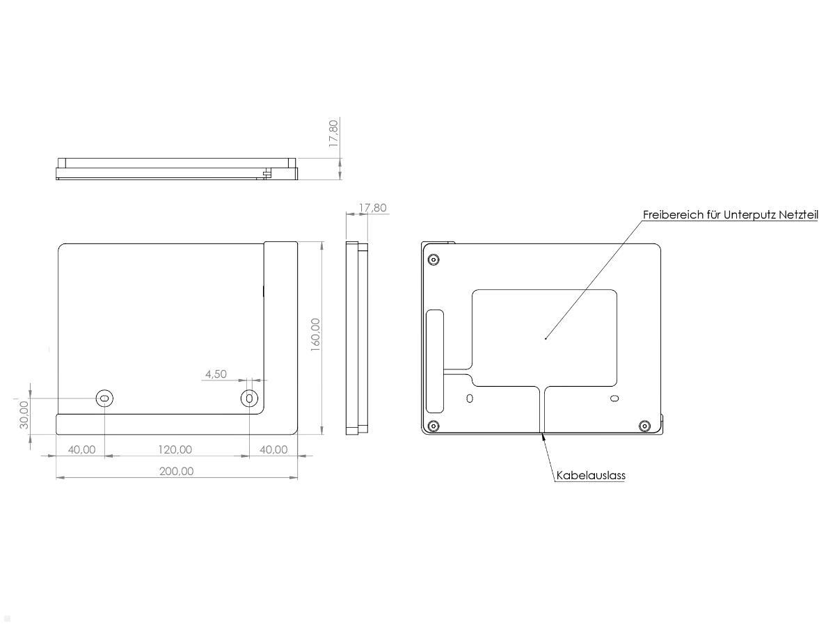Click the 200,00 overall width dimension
tap(176, 471)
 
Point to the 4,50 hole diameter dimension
tap(215, 374)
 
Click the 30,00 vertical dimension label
tap(24, 415)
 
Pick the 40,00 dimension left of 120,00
tap(81, 449)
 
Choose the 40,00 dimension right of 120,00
tap(273, 449)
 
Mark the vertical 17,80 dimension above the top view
tap(333, 133)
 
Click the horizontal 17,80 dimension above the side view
tap(372, 208)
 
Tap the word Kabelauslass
tap(591, 476)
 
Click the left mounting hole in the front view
tap(104, 399)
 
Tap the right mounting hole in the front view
tap(249, 399)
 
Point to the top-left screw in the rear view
tap(434, 260)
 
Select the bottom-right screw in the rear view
tap(644, 426)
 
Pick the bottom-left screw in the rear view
tap(434, 426)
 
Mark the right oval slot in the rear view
tap(613, 398)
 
